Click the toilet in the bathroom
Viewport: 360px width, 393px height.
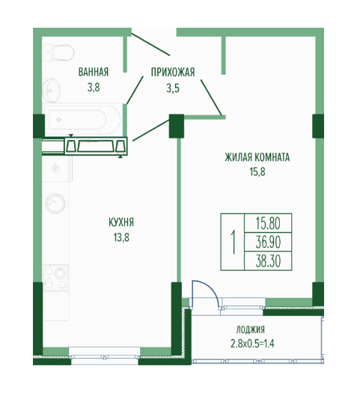[x=58, y=53]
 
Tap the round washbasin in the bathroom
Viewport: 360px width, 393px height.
[x=52, y=90]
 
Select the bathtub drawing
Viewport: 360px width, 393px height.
[x=82, y=120]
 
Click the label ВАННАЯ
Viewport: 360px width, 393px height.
[x=94, y=72]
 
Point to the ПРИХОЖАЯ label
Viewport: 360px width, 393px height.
[x=173, y=72]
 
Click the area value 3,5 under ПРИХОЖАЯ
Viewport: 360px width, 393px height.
[x=173, y=88]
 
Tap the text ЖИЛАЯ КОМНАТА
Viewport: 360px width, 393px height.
[x=257, y=157]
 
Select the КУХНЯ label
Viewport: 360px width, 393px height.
[x=121, y=222]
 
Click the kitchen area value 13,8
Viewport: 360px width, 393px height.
[x=121, y=237]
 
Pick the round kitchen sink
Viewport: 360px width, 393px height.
[x=55, y=203]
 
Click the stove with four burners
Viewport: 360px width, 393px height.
[x=55, y=278]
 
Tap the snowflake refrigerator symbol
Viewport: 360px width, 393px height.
[x=55, y=168]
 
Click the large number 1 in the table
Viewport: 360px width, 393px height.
[x=233, y=242]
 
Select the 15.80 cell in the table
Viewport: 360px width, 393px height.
[x=268, y=223]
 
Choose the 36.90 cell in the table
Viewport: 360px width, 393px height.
[x=268, y=242]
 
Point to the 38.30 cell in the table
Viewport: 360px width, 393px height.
[x=268, y=261]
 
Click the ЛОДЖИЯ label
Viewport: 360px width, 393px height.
[x=250, y=329]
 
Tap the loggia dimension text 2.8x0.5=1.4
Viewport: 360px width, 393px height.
[x=252, y=344]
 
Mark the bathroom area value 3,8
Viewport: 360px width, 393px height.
[x=94, y=88]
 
